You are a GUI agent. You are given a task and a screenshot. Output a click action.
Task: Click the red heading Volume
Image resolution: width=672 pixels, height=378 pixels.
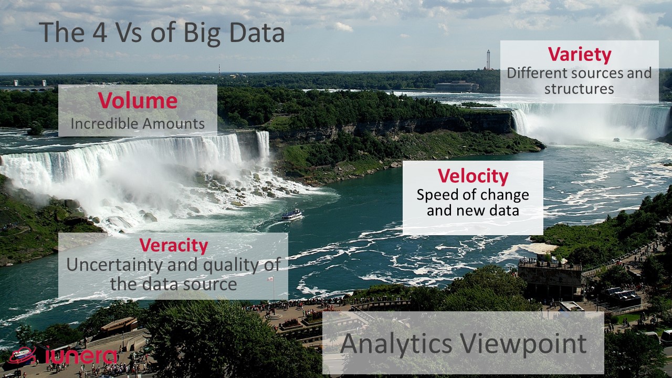(x=138, y=100)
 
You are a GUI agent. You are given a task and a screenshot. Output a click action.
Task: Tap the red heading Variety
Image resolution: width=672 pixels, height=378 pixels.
(x=579, y=55)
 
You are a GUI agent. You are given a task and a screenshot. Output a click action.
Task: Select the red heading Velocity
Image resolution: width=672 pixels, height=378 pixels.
(x=473, y=176)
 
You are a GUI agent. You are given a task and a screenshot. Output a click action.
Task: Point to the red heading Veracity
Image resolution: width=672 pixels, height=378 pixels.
(x=173, y=245)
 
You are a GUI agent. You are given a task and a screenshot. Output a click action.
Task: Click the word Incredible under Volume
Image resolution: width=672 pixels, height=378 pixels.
(x=104, y=123)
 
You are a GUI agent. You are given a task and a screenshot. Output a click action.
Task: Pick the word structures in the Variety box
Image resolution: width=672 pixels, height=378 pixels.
(x=579, y=89)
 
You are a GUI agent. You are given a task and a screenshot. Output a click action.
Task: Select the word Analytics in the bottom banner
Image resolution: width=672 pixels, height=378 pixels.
(x=396, y=344)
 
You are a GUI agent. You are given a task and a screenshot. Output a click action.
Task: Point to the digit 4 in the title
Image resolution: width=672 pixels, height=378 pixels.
(x=100, y=32)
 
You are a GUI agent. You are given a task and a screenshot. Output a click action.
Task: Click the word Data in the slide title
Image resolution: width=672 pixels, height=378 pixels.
(x=257, y=32)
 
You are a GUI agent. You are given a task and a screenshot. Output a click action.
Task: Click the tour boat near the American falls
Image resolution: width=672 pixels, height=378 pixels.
(x=292, y=215)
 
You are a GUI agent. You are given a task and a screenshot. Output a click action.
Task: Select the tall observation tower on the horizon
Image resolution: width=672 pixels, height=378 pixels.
(x=488, y=60)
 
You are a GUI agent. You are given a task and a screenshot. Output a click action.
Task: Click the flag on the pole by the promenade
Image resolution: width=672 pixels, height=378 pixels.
(x=270, y=279)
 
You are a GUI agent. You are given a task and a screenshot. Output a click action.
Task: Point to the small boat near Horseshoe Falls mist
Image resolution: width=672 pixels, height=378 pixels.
(x=616, y=140)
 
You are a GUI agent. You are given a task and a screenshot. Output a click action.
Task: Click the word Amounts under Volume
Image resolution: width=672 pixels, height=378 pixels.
(x=173, y=123)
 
